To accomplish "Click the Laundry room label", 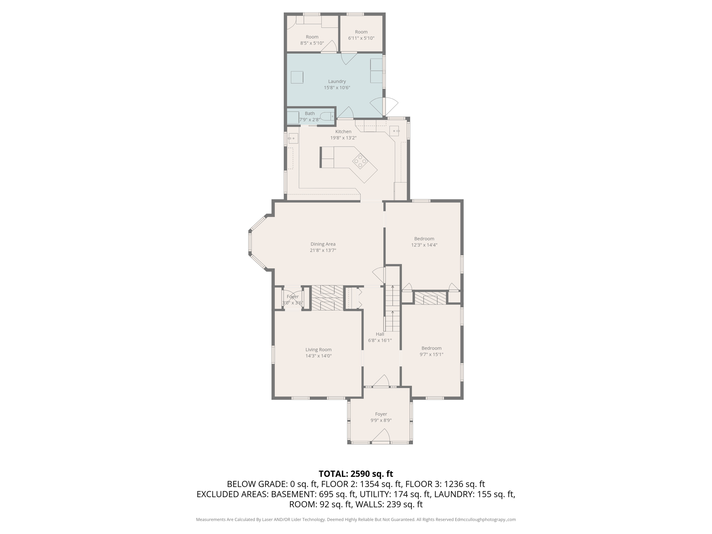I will pos(337,81).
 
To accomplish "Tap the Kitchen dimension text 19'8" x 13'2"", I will pos(343,138).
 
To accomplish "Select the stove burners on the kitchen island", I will pos(360,161).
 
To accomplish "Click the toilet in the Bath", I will pos(326,116).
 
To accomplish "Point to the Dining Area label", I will pos(323,244).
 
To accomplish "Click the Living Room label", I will pos(318,350).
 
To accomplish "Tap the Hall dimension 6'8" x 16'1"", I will pos(380,340).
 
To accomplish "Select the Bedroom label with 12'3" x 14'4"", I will pos(424,239).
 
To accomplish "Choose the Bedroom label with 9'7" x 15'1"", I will pos(431,348).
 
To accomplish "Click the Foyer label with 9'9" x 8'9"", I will pos(381,414).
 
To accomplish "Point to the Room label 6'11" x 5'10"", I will pos(361,32).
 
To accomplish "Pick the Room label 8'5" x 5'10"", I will pos(312,37).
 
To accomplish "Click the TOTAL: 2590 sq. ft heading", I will pos(356,474).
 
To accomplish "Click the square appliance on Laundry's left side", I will pos(297,77).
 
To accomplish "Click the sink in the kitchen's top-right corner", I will pos(394,131).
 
